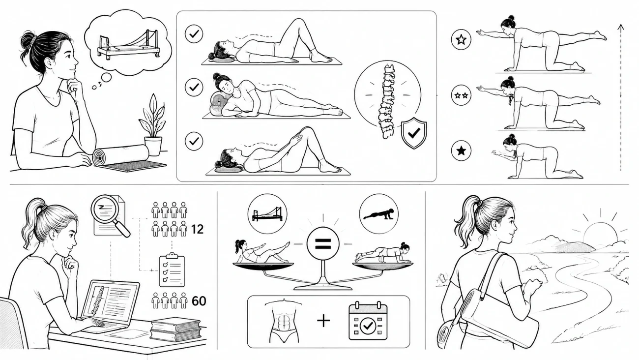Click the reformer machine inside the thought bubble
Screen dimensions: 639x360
coord(129,45)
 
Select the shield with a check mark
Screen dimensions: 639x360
coord(414,133)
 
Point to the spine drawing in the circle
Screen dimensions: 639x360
coord(387,101)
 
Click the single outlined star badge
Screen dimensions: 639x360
coord(461,39)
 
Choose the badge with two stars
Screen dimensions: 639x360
coord(461,95)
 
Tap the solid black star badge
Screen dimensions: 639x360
coord(461,150)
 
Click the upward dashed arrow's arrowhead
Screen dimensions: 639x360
coord(620,28)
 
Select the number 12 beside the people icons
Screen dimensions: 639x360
coord(197,229)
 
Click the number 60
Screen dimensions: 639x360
coord(199,301)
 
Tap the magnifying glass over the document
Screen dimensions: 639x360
coord(111,215)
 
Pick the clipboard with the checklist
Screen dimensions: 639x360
coord(172,270)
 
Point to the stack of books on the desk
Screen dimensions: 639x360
coord(175,329)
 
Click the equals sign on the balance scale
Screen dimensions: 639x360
coord(323,244)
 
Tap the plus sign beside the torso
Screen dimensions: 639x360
coord(323,320)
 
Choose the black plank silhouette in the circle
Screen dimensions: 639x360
coord(378,214)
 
